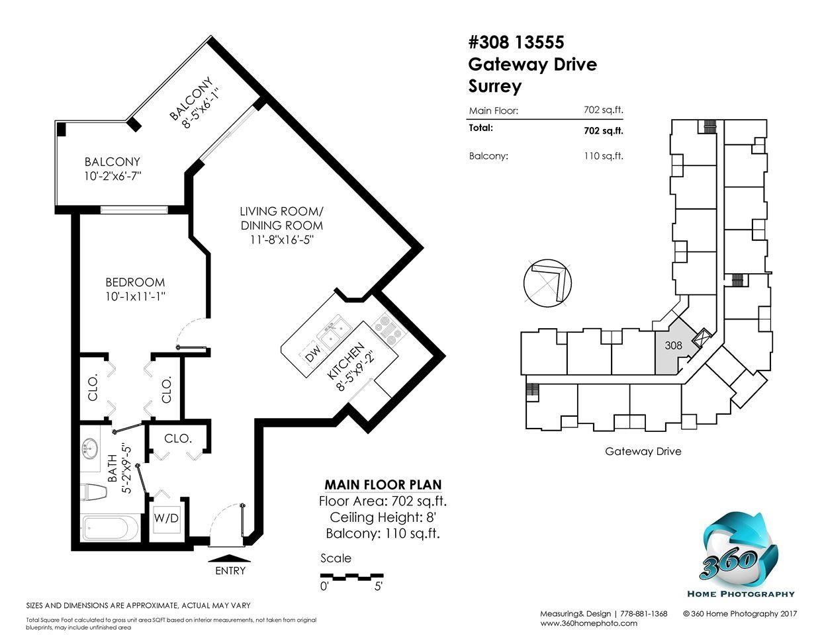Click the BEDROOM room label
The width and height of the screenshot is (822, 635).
pos(135,282)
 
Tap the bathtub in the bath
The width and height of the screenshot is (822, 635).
pos(111,528)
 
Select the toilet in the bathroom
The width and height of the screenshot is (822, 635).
pos(95,492)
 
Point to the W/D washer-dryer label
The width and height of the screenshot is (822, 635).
pos(166,518)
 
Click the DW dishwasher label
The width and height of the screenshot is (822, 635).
pos(313,353)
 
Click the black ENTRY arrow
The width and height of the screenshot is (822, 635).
pos(229,558)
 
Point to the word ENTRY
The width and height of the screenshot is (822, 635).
pos(230,571)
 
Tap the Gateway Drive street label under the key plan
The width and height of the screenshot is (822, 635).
pos(643,451)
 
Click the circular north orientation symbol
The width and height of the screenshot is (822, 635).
pos(547,282)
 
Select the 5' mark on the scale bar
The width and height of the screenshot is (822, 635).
pos(379,587)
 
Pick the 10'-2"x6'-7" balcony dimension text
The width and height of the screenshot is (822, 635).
pos(113,177)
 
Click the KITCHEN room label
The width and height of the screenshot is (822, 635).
pos(345,360)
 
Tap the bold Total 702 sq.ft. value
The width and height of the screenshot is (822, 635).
pos(604,131)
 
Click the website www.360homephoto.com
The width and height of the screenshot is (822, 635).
pos(588,623)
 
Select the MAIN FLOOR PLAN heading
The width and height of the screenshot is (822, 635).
pos(383,485)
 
